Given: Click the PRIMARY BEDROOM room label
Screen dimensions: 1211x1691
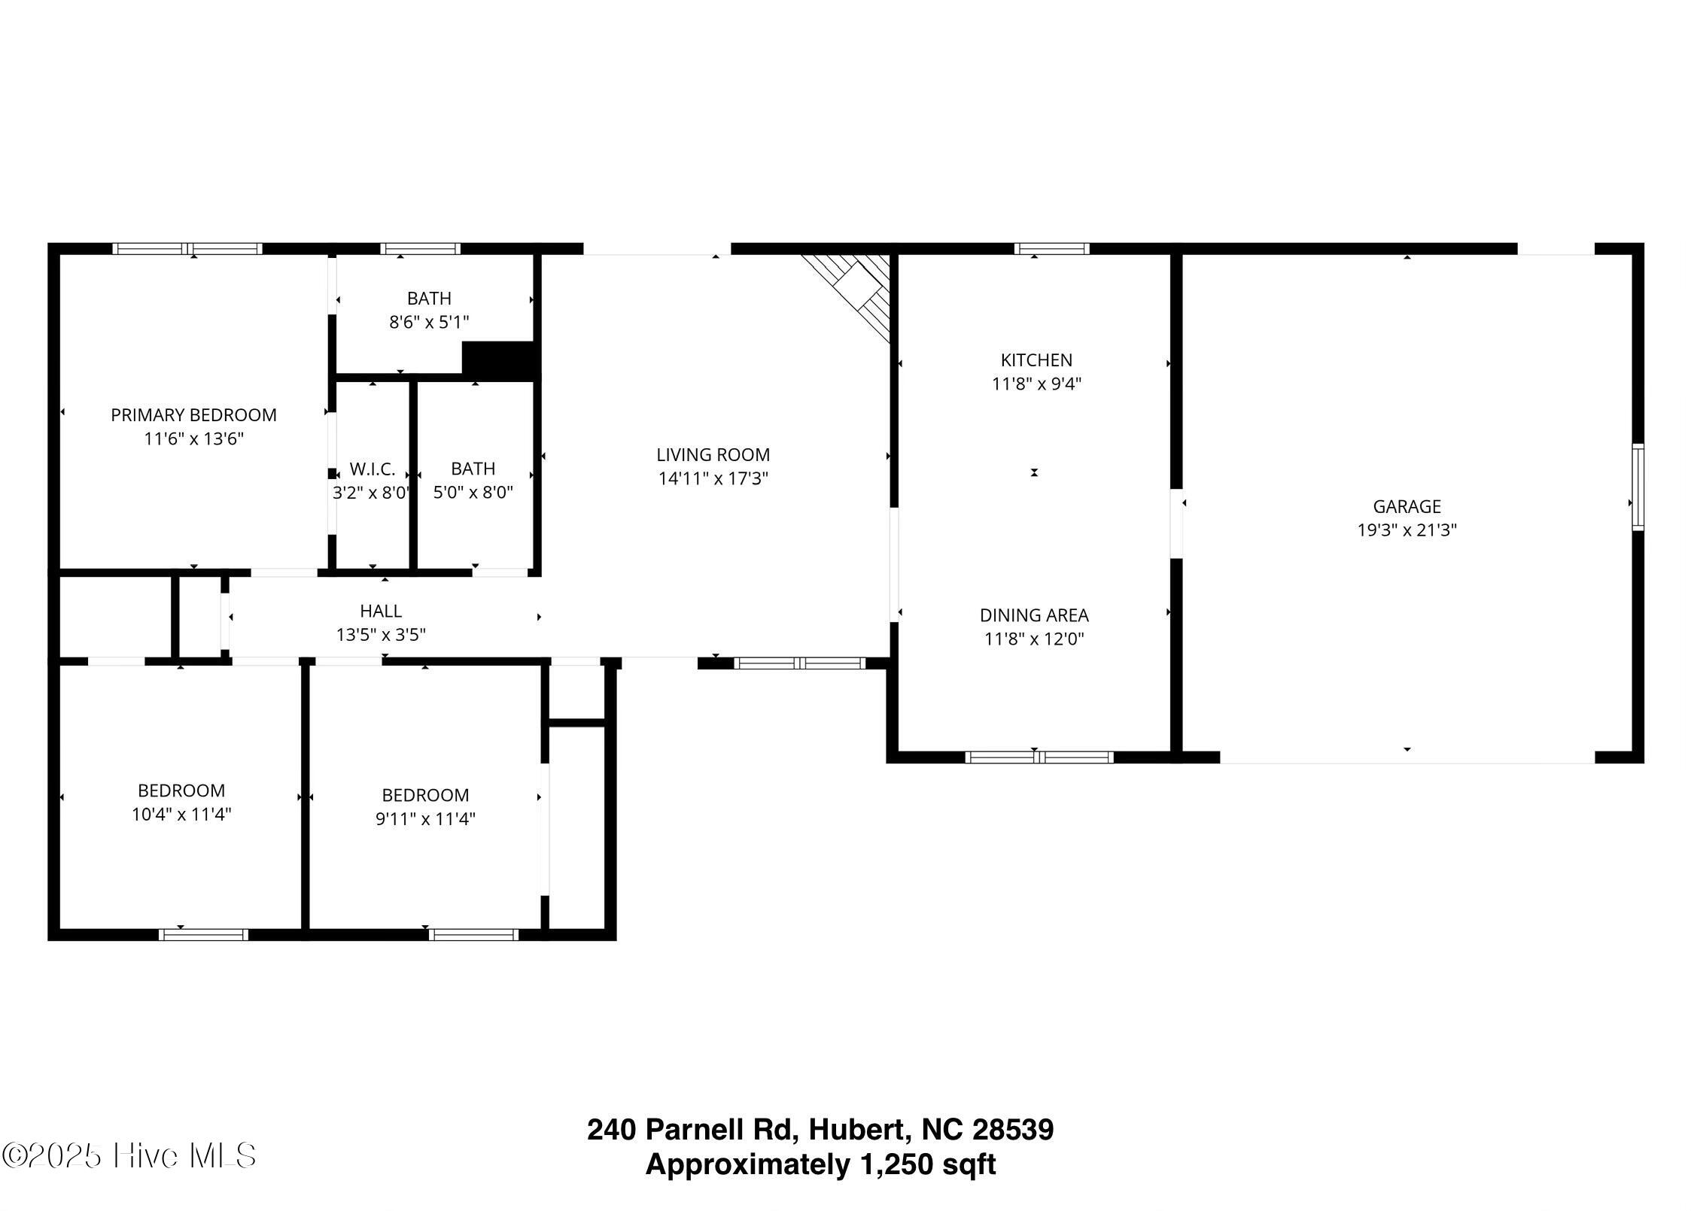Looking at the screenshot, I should click(193, 414).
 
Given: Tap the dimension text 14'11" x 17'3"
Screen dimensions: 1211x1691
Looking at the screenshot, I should click(713, 478).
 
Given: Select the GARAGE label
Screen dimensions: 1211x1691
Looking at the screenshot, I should click(1407, 506).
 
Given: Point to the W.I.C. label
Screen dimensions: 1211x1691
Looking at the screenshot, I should click(372, 469).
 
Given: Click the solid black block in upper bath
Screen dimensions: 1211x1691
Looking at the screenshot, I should click(499, 359).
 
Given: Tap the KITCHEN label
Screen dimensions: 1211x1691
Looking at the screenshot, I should click(1036, 360).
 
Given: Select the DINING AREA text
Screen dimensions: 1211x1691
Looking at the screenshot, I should click(1033, 615).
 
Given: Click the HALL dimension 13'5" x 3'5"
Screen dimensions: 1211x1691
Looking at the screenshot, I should click(381, 635).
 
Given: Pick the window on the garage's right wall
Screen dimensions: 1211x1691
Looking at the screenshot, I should click(1638, 487).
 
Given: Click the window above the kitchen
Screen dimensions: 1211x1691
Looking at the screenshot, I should click(1051, 249).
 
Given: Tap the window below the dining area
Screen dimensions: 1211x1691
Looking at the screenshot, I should click(1039, 757).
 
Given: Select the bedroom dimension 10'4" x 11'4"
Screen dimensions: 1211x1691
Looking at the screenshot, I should click(181, 814).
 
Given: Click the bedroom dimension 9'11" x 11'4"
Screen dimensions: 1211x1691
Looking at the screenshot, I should click(425, 818).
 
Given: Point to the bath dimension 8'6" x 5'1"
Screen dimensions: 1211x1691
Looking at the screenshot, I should click(429, 323).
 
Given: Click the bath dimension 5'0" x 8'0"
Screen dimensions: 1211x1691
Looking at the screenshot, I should click(473, 493).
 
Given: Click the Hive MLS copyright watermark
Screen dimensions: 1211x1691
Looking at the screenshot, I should click(129, 1156).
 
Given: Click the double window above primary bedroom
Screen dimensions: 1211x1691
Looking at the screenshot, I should click(187, 249).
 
